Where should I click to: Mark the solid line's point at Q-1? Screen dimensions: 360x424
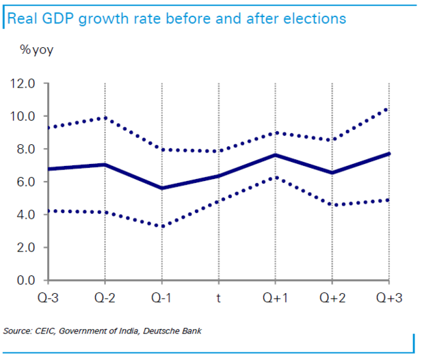click(161, 188)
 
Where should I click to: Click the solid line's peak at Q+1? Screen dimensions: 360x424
click(275, 155)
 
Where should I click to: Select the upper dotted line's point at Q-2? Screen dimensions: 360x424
click(104, 117)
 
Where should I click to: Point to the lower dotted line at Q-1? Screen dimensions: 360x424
click(161, 226)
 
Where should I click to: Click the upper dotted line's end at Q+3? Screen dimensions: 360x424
click(388, 109)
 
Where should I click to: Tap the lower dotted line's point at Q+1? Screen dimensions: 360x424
click(275, 177)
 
